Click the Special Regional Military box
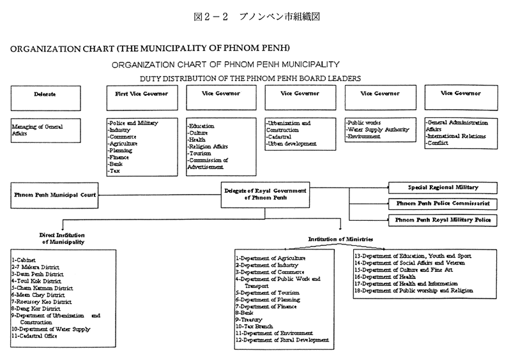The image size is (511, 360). pyautogui.click(x=443, y=188)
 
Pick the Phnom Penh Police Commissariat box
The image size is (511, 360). pyautogui.click(x=443, y=204)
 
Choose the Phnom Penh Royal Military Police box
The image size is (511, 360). pyautogui.click(x=443, y=220)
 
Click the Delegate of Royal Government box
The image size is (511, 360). pyautogui.click(x=265, y=194)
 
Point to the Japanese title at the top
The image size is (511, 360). pyautogui.click(x=255, y=16)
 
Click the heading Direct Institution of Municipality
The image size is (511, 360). pyautogui.click(x=61, y=239)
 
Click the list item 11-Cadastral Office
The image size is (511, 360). pyautogui.click(x=38, y=336)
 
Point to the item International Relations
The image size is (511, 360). pyautogui.click(x=456, y=136)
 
